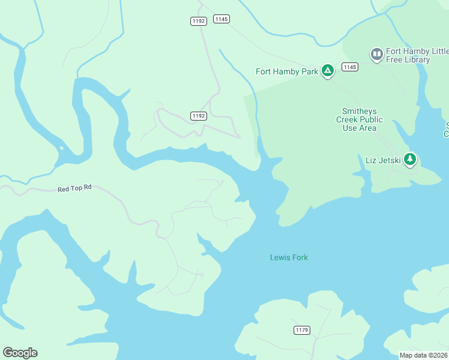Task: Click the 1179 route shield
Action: click(x=302, y=330)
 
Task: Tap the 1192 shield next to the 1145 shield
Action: click(x=199, y=21)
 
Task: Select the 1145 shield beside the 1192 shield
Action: click(x=221, y=19)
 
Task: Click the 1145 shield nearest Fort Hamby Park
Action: click(x=350, y=67)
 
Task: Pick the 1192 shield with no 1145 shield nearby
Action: click(x=199, y=115)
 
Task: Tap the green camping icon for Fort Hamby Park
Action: click(x=327, y=71)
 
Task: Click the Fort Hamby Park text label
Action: click(x=286, y=71)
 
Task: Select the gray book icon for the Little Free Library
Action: click(x=376, y=55)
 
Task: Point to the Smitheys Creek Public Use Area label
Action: click(x=360, y=119)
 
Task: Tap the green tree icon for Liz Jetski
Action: click(x=410, y=160)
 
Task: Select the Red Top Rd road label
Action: click(x=74, y=188)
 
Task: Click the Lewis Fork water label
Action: click(x=289, y=257)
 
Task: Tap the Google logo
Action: click(x=20, y=353)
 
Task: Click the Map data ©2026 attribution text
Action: click(x=423, y=355)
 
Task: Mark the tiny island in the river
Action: click(x=61, y=148)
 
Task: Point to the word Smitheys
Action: click(x=360, y=111)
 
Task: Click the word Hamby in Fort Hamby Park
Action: click(x=287, y=71)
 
